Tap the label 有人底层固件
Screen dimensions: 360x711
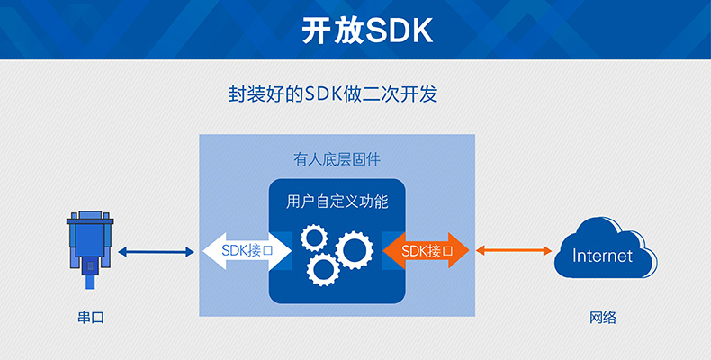tap(337, 159)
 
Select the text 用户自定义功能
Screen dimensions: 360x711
tap(337, 202)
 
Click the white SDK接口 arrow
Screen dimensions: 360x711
tap(241, 251)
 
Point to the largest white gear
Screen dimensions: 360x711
tap(352, 249)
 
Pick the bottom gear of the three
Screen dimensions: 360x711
tap(322, 269)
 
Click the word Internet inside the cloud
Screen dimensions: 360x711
tap(602, 256)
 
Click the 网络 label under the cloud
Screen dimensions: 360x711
tap(603, 318)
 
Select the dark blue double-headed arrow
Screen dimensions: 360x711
tap(157, 251)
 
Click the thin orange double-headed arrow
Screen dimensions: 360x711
tap(514, 250)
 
